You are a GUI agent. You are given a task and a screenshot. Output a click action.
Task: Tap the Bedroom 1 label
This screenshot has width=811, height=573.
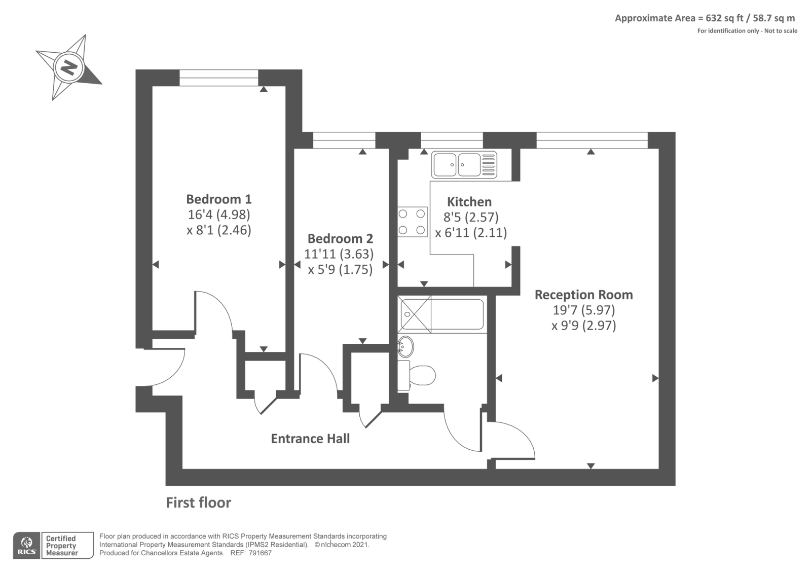pos(218,199)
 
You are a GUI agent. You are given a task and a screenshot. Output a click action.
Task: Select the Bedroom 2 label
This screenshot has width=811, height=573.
pos(340,238)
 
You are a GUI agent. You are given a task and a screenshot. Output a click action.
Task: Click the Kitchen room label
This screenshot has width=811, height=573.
pos(469,202)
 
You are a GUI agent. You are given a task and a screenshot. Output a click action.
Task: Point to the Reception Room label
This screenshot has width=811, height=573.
pos(583,295)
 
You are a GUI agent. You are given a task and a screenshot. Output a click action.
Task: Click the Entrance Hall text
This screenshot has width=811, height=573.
pos(310,439)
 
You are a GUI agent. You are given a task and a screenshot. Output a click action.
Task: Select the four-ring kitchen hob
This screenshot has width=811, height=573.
pos(412,222)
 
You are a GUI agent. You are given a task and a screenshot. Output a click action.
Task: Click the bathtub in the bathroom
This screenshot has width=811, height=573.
pos(441,314)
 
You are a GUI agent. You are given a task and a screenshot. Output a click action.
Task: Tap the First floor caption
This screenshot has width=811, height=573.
pos(198,503)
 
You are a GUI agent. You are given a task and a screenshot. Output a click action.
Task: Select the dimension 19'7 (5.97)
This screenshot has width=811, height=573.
pos(583,310)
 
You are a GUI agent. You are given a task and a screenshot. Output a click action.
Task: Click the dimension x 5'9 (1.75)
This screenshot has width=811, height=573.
pos(340,269)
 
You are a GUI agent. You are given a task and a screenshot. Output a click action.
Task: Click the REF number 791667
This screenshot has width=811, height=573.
pos(259,553)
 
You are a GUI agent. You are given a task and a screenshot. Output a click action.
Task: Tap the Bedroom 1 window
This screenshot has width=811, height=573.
pos(218,78)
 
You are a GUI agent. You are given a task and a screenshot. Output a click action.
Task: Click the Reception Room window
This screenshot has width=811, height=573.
pos(592,140)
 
